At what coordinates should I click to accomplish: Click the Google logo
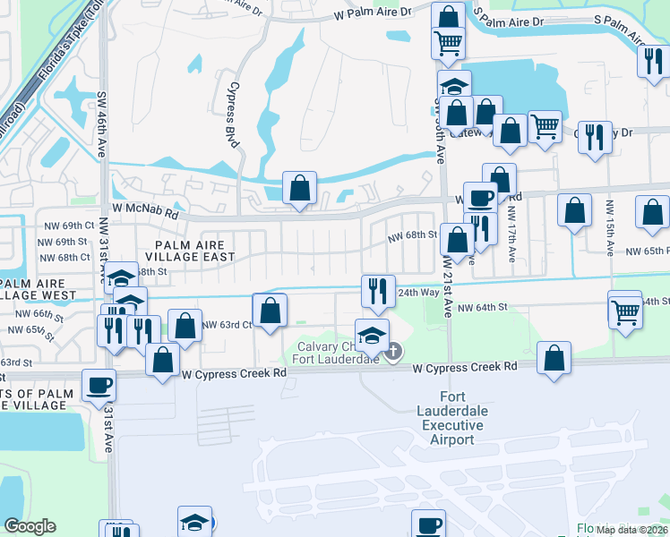point(30,526)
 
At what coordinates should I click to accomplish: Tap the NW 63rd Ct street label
point(227,325)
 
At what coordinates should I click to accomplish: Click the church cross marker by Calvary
point(392,353)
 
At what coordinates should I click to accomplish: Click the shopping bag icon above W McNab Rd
point(300,188)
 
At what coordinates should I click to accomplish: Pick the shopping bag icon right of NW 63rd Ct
point(269,311)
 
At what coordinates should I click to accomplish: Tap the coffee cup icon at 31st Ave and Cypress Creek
point(99,386)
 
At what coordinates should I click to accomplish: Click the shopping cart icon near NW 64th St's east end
point(625,312)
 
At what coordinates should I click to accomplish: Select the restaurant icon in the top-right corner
point(651,61)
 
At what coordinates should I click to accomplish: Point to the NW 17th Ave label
point(511,235)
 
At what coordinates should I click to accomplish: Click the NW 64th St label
point(482,307)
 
